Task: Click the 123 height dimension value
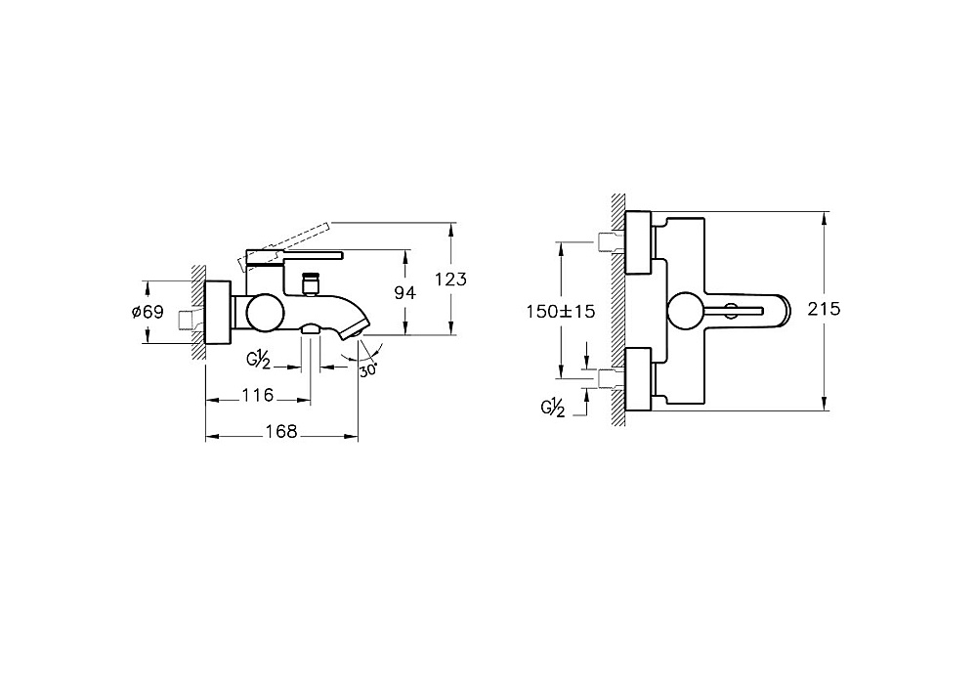450,280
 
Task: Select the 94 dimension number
405,292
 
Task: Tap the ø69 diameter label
148,311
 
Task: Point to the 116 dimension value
257,395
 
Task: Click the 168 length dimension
281,431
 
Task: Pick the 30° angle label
368,369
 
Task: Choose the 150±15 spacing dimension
561,311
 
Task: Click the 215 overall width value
824,309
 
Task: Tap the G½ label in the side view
258,360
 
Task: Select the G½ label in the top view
553,408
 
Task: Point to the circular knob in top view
686,311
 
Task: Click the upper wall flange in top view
638,243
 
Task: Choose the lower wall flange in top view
638,379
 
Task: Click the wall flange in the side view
218,312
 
